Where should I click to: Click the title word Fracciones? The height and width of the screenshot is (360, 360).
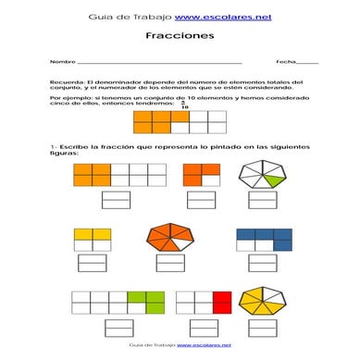click(180, 36)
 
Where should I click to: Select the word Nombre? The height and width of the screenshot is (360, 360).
click(62, 61)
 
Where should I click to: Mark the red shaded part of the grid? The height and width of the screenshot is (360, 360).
click(221, 302)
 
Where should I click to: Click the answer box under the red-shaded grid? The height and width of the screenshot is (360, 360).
click(203, 328)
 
